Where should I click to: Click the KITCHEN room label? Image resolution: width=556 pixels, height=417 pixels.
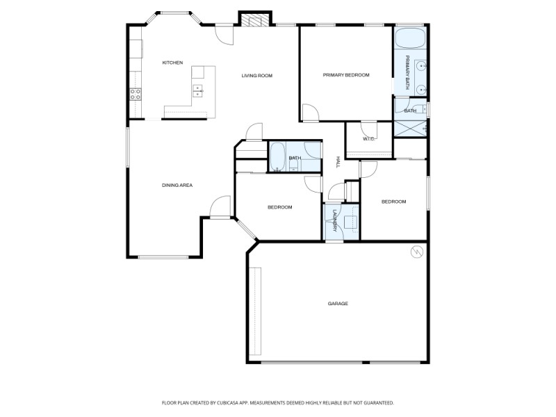click(x=172, y=63)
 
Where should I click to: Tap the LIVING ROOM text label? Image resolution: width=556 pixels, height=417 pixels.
click(x=256, y=76)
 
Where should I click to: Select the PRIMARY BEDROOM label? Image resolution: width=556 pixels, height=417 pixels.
click(x=345, y=75)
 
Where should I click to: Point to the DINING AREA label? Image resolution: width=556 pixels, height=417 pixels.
click(x=177, y=185)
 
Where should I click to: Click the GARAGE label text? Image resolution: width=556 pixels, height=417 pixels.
click(x=338, y=304)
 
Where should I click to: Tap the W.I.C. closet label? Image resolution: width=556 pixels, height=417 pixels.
click(x=369, y=139)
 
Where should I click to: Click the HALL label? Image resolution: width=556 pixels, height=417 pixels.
click(x=338, y=161)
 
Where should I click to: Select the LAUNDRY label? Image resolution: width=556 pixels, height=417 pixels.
click(x=334, y=220)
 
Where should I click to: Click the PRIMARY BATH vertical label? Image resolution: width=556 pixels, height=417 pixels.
click(x=407, y=73)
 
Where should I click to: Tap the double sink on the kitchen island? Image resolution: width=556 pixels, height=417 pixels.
click(x=198, y=90)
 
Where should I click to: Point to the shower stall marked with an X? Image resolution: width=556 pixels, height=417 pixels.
click(x=409, y=129)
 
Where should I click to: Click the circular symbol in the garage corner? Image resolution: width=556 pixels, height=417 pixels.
click(x=417, y=252)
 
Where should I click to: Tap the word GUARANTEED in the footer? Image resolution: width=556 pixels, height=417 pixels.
click(x=377, y=402)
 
